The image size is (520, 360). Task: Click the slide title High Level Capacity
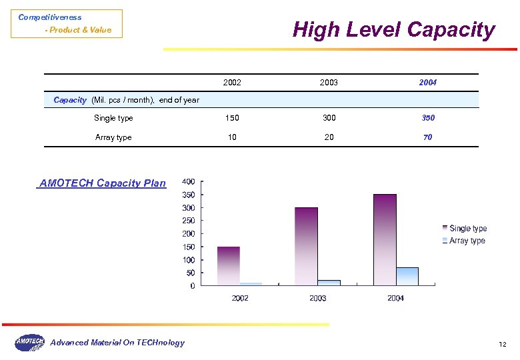[394, 30]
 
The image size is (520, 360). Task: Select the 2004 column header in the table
[427, 83]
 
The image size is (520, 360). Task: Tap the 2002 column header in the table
[232, 83]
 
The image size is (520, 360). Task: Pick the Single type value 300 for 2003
[329, 118]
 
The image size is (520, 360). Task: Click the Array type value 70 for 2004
[427, 137]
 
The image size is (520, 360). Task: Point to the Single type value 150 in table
[232, 118]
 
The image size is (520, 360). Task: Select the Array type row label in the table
[113, 137]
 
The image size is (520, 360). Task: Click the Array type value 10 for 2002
[232, 137]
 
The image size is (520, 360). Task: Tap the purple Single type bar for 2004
[385, 240]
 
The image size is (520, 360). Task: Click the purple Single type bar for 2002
[228, 266]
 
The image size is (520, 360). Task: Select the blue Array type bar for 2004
[407, 277]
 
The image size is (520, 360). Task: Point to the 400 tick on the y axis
[189, 182]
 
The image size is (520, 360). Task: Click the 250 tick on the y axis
[189, 221]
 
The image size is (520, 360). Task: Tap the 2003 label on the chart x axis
[318, 298]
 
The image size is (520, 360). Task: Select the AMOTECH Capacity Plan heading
[103, 183]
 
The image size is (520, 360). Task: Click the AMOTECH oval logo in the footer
[30, 342]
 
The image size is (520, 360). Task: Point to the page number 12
[503, 344]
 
